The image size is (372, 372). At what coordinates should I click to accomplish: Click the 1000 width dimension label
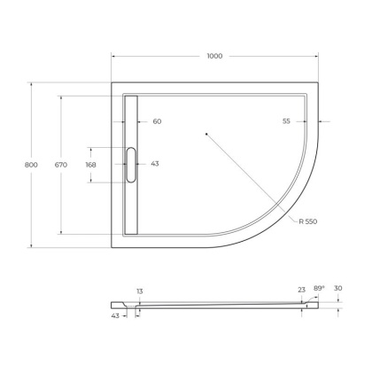[214, 55]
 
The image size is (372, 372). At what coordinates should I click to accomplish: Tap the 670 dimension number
[60, 164]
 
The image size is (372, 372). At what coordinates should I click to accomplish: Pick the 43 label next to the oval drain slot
[156, 164]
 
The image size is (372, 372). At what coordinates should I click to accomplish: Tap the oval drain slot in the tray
[131, 164]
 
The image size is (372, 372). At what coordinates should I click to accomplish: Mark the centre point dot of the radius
[205, 135]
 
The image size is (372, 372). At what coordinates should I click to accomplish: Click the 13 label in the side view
[139, 291]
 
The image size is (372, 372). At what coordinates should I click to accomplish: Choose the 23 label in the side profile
[303, 290]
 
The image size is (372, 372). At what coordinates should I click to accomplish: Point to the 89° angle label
[320, 288]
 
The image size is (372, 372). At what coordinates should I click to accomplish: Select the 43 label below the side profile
[115, 315]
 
